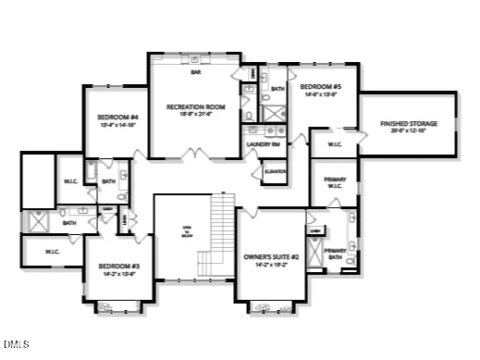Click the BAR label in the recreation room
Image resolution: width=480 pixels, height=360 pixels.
(195, 71)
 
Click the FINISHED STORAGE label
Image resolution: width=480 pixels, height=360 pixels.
(408, 123)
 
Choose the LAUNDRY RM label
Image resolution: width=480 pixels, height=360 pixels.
(263, 143)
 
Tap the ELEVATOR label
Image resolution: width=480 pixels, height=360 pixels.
(274, 172)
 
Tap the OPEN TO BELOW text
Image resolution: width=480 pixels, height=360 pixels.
(186, 232)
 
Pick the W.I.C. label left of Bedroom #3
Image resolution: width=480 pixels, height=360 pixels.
(51, 250)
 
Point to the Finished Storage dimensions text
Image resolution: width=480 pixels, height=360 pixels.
(408, 130)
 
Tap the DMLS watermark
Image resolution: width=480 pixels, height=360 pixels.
(16, 346)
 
